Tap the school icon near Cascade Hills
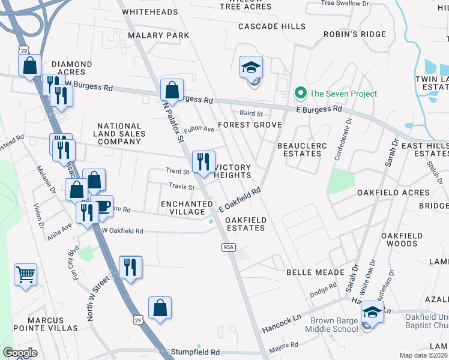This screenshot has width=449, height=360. (x=252, y=68)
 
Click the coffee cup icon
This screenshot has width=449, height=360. (x=101, y=206)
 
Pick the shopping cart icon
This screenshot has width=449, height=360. (x=25, y=275)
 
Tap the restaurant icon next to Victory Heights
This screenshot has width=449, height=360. (x=203, y=162)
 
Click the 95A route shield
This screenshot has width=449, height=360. (x=229, y=247)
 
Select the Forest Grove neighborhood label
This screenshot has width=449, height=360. (x=250, y=125)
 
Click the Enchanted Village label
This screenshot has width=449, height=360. (x=187, y=208)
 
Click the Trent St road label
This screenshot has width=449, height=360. (x=178, y=172)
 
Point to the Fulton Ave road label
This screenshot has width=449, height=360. (x=199, y=129)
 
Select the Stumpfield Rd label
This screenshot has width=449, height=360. (x=195, y=352)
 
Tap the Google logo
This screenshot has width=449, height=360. (x=20, y=353)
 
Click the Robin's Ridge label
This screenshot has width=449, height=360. (x=355, y=34)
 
